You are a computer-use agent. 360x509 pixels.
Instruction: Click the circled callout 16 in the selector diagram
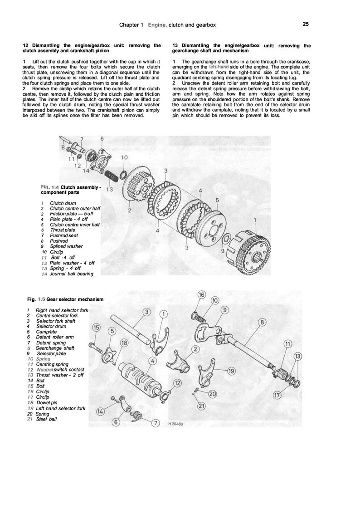[x=202, y=295]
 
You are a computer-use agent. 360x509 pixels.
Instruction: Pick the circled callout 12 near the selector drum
[x=178, y=383]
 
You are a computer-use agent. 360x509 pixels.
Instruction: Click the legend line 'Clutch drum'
[x=63, y=203]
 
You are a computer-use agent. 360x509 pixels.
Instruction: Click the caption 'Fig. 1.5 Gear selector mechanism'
[x=65, y=299]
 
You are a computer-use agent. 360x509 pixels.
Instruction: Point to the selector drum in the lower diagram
[x=141, y=382]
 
